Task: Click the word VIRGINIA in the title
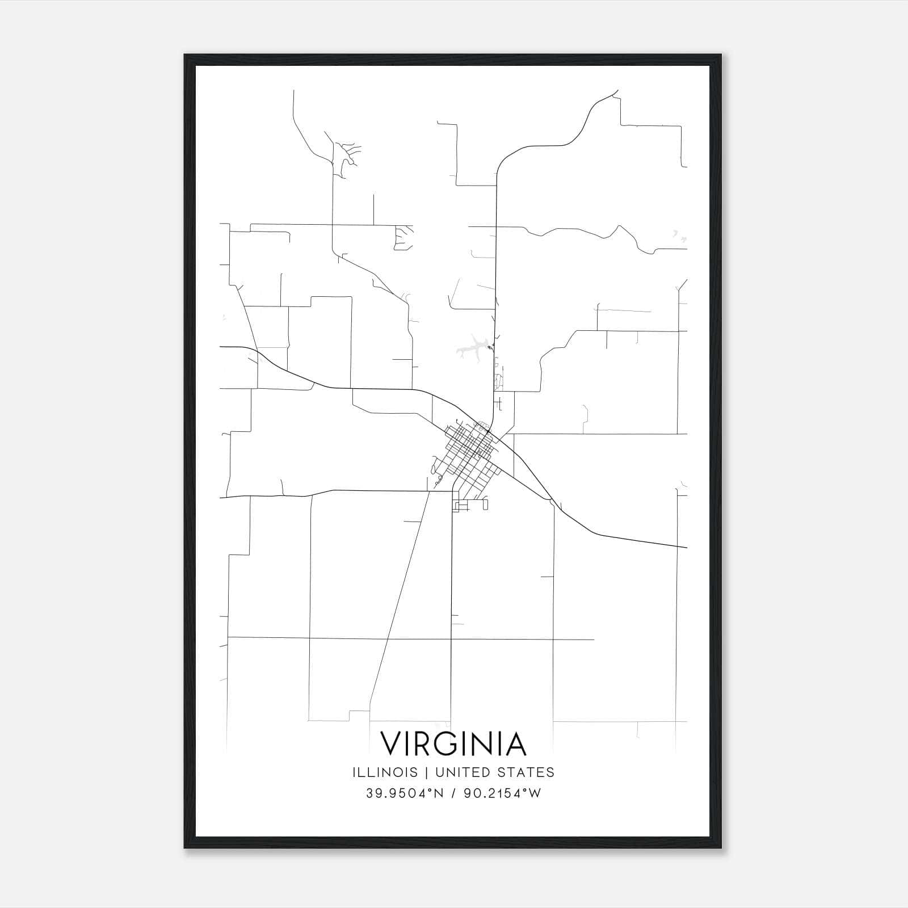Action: point(453,743)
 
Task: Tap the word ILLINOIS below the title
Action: point(385,772)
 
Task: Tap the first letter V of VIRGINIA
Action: point(391,743)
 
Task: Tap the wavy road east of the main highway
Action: point(596,233)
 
